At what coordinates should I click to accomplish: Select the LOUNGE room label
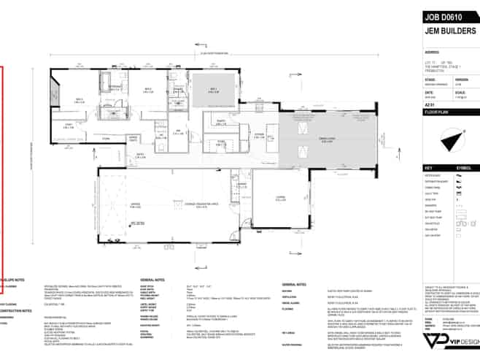(279, 197)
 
